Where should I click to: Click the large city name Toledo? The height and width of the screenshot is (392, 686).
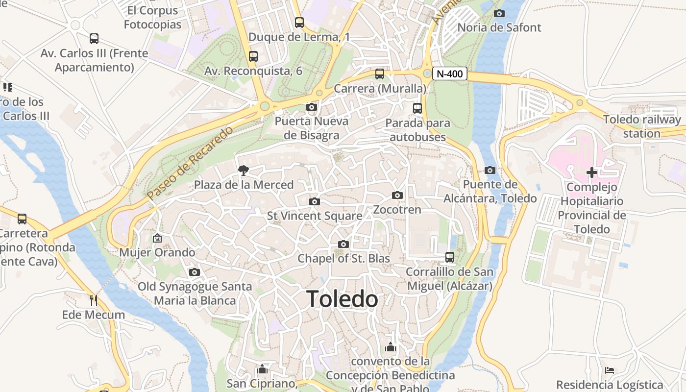(x=342, y=299)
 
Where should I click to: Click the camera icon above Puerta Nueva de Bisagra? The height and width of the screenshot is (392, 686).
(x=312, y=107)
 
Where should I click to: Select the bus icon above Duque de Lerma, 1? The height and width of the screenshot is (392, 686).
(x=299, y=22)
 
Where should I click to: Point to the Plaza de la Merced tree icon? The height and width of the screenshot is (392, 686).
(x=243, y=171)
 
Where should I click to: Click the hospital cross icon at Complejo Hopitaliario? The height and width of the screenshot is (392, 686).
(x=592, y=172)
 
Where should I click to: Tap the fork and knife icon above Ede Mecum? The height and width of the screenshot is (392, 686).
(x=94, y=300)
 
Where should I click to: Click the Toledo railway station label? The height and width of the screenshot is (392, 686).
(x=642, y=126)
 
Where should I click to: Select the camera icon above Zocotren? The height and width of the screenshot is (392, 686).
(x=397, y=196)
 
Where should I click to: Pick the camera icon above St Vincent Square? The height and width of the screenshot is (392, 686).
(x=315, y=201)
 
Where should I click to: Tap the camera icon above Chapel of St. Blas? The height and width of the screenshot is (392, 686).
(x=343, y=244)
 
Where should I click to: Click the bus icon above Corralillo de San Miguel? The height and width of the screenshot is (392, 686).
(x=449, y=257)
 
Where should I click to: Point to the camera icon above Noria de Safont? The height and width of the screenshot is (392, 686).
(x=499, y=13)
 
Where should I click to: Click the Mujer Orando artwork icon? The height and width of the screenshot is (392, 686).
(x=157, y=239)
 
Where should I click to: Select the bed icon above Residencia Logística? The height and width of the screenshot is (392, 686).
(x=610, y=370)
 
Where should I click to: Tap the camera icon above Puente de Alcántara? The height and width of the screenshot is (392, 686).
(x=490, y=171)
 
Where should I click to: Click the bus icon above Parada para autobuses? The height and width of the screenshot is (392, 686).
(x=417, y=108)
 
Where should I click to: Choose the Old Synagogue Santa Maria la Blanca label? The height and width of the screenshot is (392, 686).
(x=195, y=294)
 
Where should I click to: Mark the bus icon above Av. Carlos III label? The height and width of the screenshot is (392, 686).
(x=94, y=38)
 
